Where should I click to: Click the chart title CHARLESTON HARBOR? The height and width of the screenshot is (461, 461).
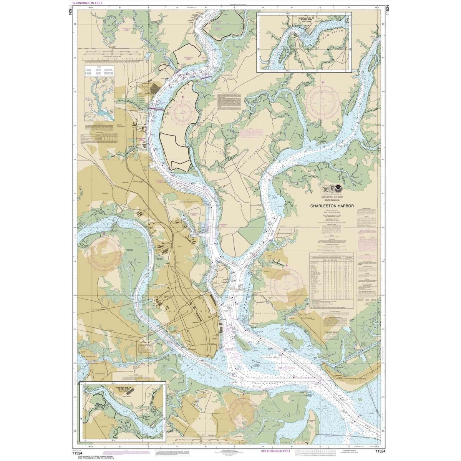point(332,206)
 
